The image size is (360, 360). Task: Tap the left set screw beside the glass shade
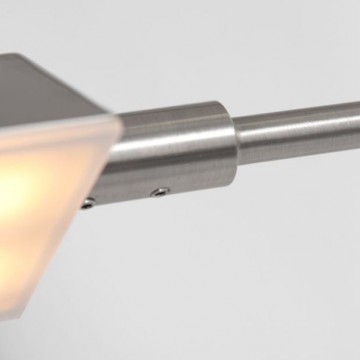pos(89,203)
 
